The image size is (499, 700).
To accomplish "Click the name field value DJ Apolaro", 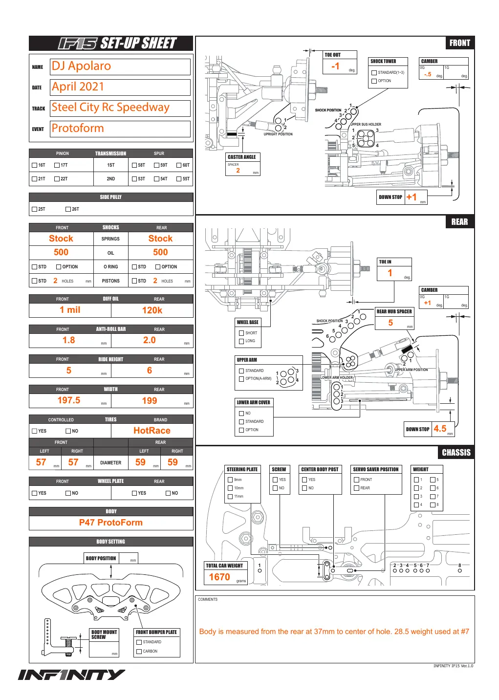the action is click(x=81, y=66).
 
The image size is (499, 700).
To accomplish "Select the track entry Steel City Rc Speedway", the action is click(x=110, y=108).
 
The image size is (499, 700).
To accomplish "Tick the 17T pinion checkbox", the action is click(x=57, y=165).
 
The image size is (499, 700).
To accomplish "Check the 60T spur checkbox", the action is click(x=179, y=165).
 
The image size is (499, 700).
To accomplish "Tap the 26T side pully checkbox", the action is click(x=68, y=209).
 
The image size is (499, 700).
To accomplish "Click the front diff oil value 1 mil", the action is click(x=70, y=310).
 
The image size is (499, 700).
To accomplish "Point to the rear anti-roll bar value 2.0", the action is click(x=150, y=340).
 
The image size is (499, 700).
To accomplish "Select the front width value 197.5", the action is click(x=69, y=400).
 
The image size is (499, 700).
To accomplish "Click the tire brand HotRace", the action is click(x=152, y=431).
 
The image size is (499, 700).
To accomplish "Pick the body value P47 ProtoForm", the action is click(x=110, y=523).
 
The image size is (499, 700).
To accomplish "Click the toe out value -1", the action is click(x=335, y=66).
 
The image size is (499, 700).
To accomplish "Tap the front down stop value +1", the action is click(x=411, y=197).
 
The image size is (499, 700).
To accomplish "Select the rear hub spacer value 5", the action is click(x=391, y=323).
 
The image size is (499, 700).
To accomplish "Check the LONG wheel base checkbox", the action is click(x=241, y=341).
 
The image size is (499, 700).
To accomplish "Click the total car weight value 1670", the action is click(x=219, y=577).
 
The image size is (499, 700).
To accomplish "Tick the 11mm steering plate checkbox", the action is click(x=230, y=496).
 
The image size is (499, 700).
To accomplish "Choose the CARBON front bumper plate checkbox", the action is click(x=139, y=652).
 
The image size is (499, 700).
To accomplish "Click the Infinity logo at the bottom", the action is click(x=71, y=675).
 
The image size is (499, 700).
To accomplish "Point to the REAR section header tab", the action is click(x=459, y=222).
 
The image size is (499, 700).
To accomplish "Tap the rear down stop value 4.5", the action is click(x=440, y=429).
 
